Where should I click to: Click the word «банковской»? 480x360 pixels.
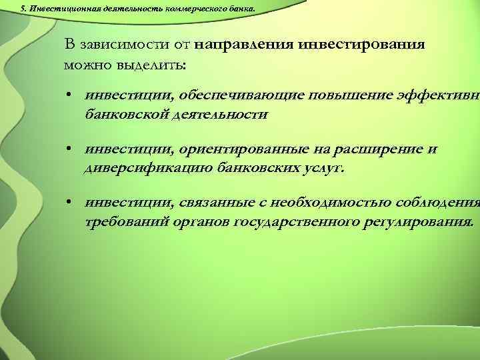pos(126,114)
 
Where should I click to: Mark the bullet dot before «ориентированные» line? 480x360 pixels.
pos(69,149)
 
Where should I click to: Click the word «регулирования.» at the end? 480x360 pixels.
pos(419,221)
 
